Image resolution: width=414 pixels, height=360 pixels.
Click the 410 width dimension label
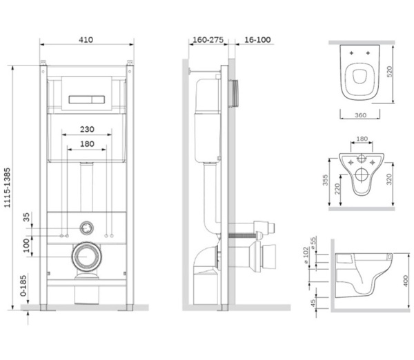coord(85,40)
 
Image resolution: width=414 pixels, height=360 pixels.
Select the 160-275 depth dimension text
coord(206,40)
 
